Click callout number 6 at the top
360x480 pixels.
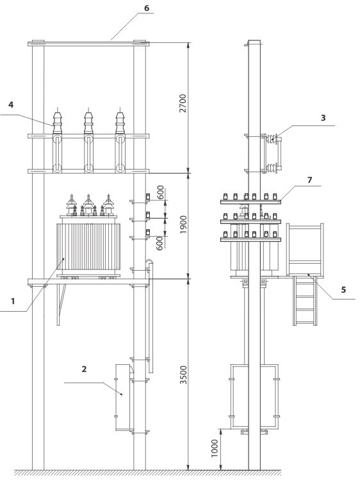click(147, 8)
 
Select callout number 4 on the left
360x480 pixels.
click(11, 105)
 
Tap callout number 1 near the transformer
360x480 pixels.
click(13, 301)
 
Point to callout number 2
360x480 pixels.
click(85, 369)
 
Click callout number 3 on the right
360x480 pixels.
click(323, 118)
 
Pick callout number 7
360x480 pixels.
click(310, 180)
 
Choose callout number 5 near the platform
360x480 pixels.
click(343, 289)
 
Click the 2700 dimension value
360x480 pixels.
click(183, 103)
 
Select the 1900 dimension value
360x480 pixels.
click(183, 225)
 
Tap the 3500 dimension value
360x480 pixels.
click(183, 374)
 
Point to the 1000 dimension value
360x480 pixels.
click(215, 449)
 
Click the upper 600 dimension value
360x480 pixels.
click(160, 192)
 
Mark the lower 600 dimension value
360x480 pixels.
click(160, 243)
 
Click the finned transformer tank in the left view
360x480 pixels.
click(88, 246)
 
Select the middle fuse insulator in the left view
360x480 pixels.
click(88, 140)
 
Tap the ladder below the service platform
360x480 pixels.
click(305, 300)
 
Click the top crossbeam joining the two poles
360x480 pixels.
click(88, 44)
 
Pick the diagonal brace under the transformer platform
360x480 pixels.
click(61, 304)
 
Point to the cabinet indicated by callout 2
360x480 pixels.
click(122, 397)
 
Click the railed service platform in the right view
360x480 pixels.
click(305, 250)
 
